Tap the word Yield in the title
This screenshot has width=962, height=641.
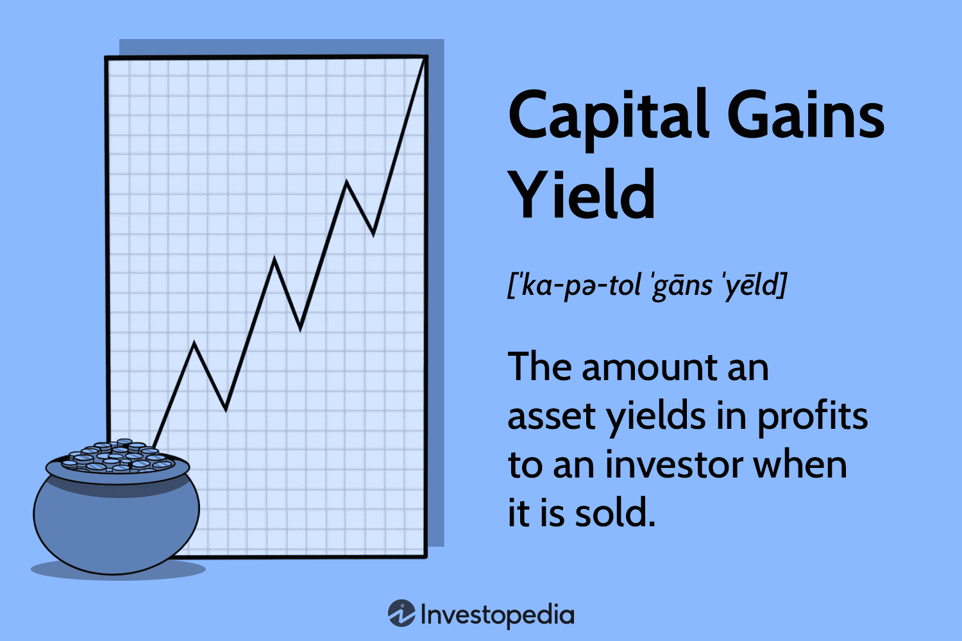pyautogui.click(x=582, y=194)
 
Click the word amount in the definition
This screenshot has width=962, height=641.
pyautogui.click(x=648, y=368)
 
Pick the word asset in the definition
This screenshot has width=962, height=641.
pyautogui.click(x=552, y=417)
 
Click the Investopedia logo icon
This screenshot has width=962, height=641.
pyautogui.click(x=401, y=614)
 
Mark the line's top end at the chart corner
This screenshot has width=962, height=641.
pyautogui.click(x=424, y=58)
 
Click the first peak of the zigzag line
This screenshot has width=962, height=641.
pyautogui.click(x=194, y=344)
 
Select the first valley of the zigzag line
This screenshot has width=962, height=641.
pyautogui.click(x=226, y=408)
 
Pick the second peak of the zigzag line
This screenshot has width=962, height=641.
pyautogui.click(x=274, y=260)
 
